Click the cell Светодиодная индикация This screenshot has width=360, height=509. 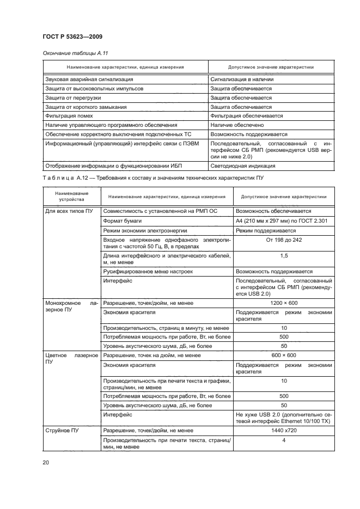[243, 165]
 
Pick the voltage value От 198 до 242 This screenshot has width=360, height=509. [283, 240]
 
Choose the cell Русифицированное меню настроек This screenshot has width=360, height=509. [148, 271]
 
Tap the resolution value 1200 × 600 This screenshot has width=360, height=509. [283, 302]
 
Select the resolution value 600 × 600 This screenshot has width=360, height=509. [283, 355]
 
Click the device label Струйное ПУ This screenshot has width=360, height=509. [62, 430]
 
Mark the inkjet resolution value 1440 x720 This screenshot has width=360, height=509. [283, 430]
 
